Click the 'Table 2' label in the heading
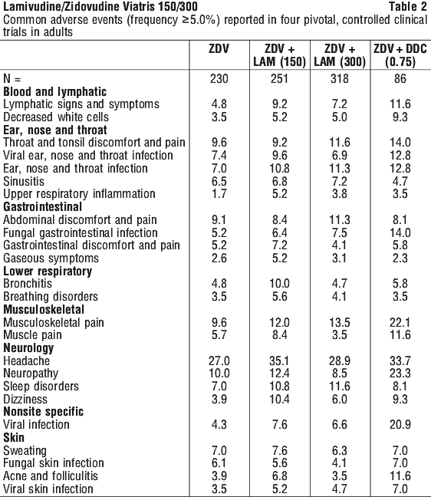(x=407, y=6)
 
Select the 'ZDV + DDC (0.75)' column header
(x=400, y=55)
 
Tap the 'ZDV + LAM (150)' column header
(x=279, y=55)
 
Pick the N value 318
(x=340, y=78)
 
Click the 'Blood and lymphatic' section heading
(x=54, y=92)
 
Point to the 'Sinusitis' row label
(x=24, y=181)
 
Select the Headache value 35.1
(x=279, y=360)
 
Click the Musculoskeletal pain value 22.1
(x=400, y=322)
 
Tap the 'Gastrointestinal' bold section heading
(x=42, y=206)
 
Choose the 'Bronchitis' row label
(x=28, y=283)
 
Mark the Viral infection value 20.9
(x=400, y=424)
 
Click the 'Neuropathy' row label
(x=31, y=374)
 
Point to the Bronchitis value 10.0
(x=279, y=283)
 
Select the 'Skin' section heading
(x=14, y=437)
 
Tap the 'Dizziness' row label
(x=25, y=399)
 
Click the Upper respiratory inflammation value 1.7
(x=219, y=194)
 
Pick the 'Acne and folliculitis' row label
(x=51, y=476)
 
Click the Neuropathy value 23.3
(x=400, y=374)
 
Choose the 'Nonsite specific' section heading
(x=44, y=412)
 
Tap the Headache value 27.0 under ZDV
(x=219, y=360)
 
